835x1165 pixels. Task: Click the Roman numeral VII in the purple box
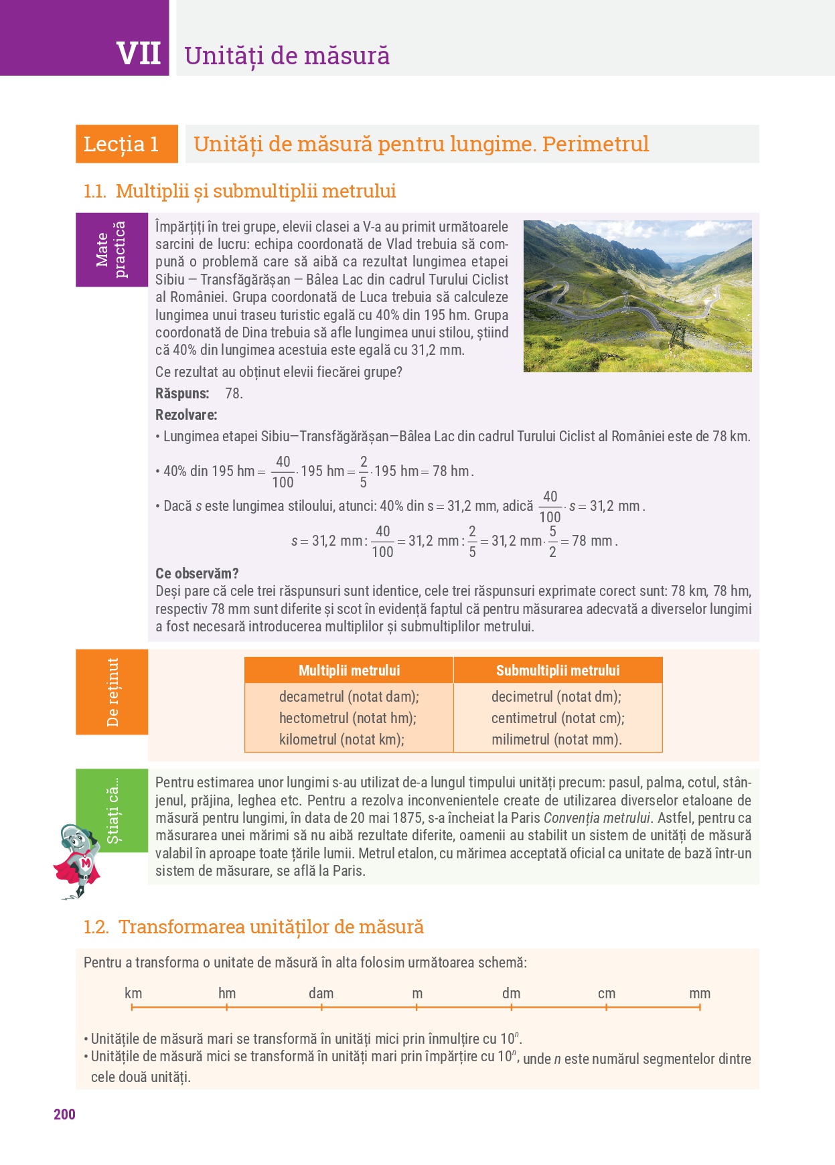(x=139, y=54)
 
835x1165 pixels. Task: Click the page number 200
(x=64, y=1114)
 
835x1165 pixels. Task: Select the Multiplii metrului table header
(x=349, y=670)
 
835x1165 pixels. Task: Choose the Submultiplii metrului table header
(x=558, y=670)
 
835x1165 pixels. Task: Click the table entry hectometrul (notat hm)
(x=348, y=718)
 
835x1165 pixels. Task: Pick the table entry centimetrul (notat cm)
(x=558, y=718)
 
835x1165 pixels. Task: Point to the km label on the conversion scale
(x=133, y=994)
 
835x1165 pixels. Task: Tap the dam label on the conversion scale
(x=321, y=994)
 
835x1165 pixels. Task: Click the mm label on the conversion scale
(x=700, y=994)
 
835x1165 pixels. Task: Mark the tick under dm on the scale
(x=511, y=1007)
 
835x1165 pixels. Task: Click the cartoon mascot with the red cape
(x=78, y=860)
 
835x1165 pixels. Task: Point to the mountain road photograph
(x=637, y=296)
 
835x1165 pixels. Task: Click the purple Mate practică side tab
(x=111, y=250)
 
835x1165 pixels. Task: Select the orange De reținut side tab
(x=112, y=692)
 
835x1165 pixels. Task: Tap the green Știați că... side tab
(x=112, y=810)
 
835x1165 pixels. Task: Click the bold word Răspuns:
(x=182, y=394)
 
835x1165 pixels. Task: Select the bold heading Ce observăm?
(x=197, y=574)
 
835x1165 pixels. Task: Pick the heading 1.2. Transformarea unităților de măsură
(x=253, y=927)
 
